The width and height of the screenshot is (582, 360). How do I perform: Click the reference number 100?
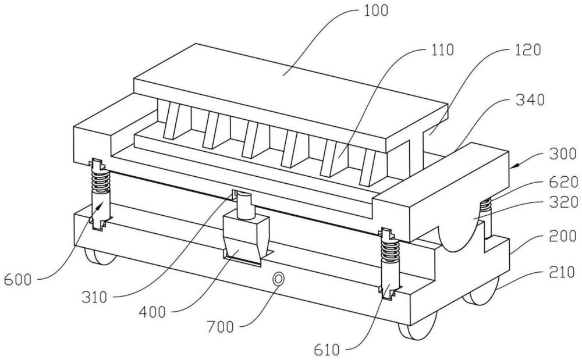click(375, 10)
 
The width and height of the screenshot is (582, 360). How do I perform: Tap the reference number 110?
click(441, 49)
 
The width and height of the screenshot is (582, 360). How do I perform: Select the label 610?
click(327, 350)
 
